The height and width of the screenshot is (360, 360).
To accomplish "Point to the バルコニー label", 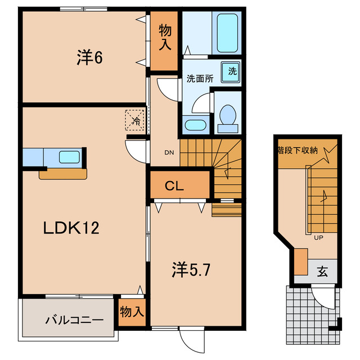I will [74, 321].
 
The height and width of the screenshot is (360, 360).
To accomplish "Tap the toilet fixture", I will [228, 115].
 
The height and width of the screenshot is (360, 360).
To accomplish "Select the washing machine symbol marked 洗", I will [232, 71].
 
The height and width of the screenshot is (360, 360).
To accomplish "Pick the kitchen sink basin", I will [70, 157].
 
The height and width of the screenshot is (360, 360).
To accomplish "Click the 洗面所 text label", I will [200, 79].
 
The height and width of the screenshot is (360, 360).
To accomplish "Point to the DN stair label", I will [168, 151].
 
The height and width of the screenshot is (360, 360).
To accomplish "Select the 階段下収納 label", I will [298, 150].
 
